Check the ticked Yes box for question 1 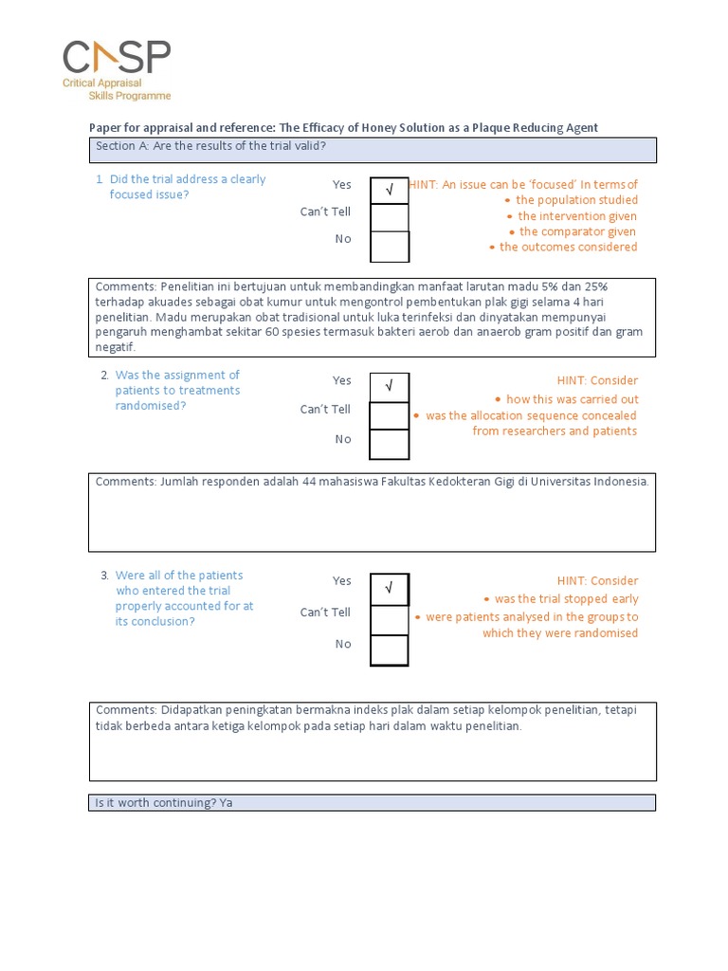[389, 190]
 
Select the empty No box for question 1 [389, 247]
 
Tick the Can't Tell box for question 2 [389, 415]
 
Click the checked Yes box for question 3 [389, 589]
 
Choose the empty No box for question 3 [389, 650]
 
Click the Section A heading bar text [210, 146]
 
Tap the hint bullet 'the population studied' [576, 200]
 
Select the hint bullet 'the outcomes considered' [568, 247]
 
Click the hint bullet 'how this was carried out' [572, 399]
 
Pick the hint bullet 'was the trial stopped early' [566, 599]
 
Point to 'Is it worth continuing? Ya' [163, 803]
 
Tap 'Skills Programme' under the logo [130, 96]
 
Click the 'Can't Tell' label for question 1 [325, 211]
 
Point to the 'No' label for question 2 [342, 439]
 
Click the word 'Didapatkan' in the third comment [191, 710]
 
